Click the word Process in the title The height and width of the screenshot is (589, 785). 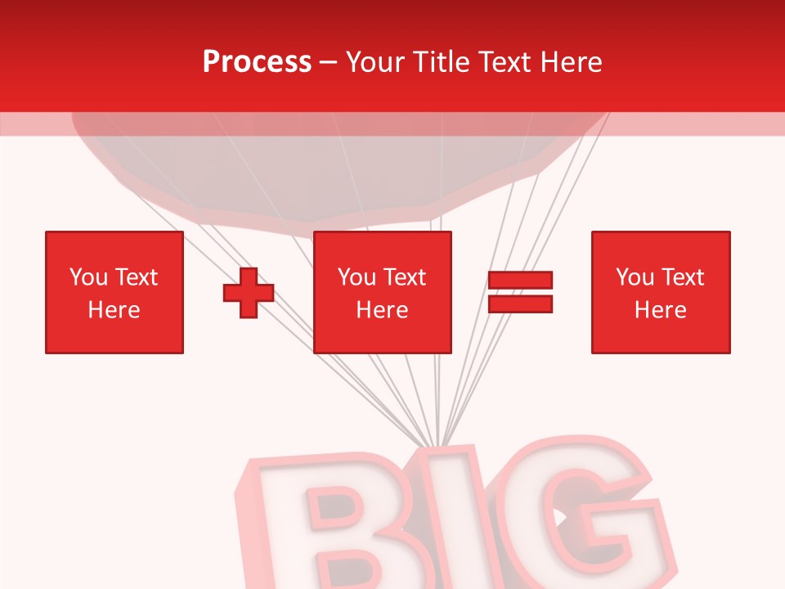[x=257, y=62]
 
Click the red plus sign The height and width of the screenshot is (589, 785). [x=249, y=293]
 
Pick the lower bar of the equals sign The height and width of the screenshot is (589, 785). [x=520, y=303]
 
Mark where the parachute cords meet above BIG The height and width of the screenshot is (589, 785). [x=439, y=447]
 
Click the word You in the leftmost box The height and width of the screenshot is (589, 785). [x=88, y=277]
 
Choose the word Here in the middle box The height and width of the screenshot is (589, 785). [x=383, y=310]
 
